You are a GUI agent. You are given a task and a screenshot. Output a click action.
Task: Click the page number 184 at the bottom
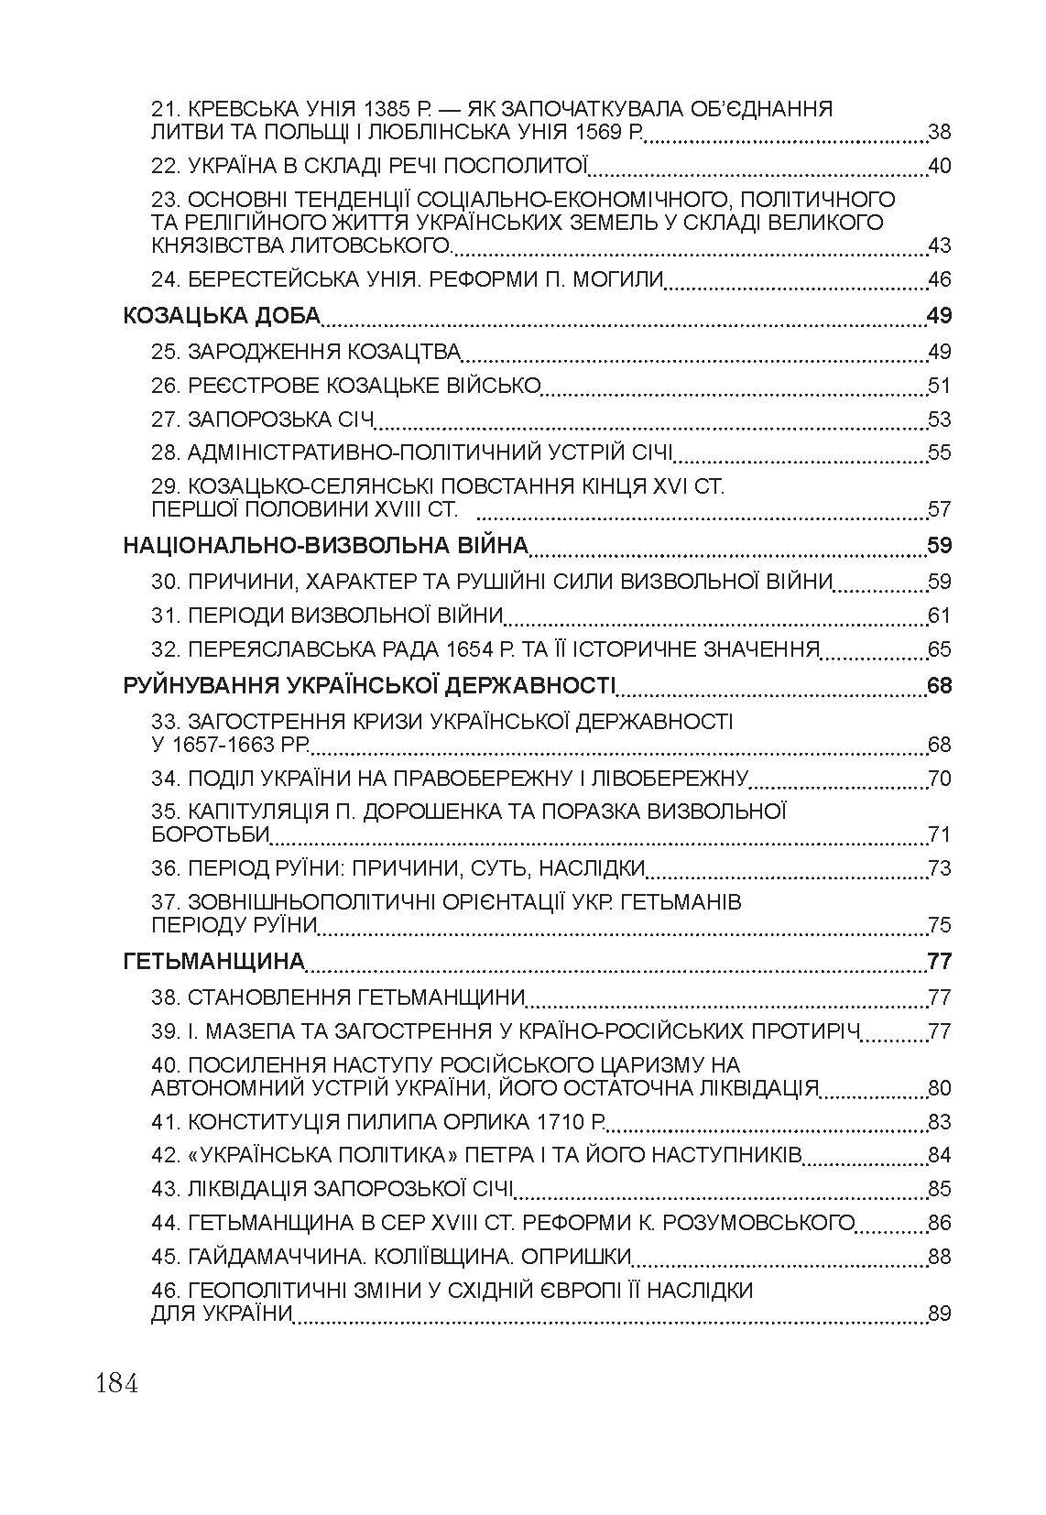116,1383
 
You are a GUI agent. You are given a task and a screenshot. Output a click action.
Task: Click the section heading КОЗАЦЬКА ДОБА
222,316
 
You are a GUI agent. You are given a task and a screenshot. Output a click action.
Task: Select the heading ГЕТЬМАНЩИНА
212,961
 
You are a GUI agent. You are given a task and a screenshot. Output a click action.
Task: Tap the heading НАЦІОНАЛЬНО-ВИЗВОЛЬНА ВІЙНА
326,546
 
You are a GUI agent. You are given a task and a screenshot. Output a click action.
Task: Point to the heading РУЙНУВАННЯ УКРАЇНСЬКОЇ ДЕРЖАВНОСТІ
369,685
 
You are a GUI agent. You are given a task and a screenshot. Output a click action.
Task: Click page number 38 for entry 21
940,133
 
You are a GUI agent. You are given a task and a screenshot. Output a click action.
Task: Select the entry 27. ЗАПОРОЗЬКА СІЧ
263,420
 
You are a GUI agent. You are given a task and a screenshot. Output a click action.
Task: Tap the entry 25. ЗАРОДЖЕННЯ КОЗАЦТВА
306,352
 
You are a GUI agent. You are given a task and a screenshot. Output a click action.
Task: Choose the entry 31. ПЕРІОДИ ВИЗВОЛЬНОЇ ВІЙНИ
327,615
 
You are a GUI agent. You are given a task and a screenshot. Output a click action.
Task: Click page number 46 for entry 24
940,279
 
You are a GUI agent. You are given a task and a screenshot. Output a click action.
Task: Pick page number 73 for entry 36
940,867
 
